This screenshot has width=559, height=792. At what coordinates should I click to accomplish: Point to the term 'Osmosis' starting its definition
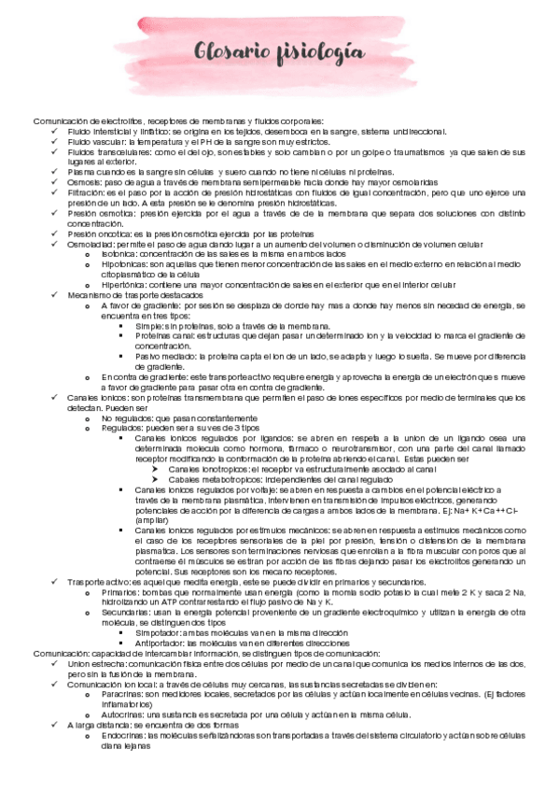84,182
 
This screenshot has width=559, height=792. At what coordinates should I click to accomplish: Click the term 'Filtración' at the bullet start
87,192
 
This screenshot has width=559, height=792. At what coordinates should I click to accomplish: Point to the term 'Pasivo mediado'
163,356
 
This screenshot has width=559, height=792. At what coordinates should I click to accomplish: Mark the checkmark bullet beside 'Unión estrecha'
55,662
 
